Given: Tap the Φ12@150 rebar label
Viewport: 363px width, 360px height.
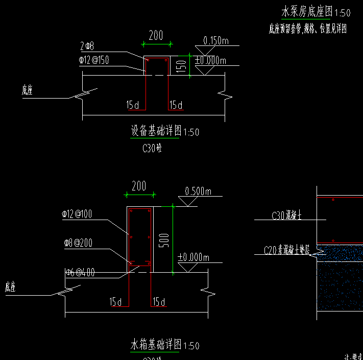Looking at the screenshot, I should (x=93, y=60).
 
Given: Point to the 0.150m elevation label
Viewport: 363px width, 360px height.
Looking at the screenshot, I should (x=215, y=41).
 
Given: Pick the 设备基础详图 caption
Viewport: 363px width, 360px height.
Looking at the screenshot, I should (x=156, y=131).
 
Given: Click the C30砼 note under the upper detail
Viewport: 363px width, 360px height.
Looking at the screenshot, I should (x=152, y=149).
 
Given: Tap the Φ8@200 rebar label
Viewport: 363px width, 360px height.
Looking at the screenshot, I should (x=78, y=244).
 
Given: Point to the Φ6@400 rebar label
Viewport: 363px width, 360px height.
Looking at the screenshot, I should (x=80, y=273).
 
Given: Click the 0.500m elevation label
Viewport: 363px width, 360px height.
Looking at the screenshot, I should (x=198, y=191).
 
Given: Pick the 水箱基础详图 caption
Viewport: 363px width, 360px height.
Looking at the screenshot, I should (x=156, y=345).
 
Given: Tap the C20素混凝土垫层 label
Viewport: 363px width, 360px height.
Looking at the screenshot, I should (x=289, y=250).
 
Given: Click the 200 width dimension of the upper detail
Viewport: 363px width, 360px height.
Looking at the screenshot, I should (x=156, y=35).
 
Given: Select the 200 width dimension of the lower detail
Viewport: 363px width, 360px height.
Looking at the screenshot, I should (x=139, y=186).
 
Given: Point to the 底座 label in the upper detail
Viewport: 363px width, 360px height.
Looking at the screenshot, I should (x=27, y=90).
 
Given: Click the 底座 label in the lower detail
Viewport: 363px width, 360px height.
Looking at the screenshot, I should (x=11, y=287).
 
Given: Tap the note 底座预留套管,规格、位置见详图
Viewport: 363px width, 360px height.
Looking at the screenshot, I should (x=307, y=29).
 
